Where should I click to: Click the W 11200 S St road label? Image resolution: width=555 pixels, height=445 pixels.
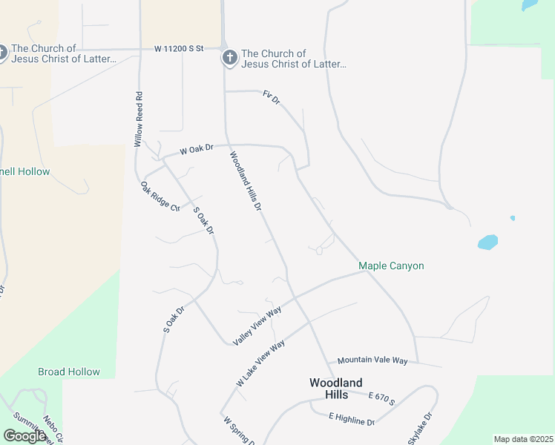pos(179,49)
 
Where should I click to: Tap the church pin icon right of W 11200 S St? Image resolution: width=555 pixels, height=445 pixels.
pos(230,58)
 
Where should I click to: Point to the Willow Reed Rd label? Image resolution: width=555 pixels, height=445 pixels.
pos(138,119)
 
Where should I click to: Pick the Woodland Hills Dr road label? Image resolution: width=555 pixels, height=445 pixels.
pos(246,182)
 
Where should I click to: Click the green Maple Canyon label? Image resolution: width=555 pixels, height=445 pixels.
pos(391,266)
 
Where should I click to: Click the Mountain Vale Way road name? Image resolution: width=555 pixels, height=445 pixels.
pos(372,360)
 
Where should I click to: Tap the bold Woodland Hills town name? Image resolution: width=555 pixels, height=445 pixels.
pos(336,388)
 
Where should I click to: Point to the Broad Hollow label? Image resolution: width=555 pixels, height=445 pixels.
pos(69,372)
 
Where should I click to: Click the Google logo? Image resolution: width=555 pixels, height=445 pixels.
pos(24,436)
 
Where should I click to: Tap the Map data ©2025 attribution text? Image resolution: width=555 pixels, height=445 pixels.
pos(523,439)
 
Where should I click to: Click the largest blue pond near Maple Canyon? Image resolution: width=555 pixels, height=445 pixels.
pos(487,242)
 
